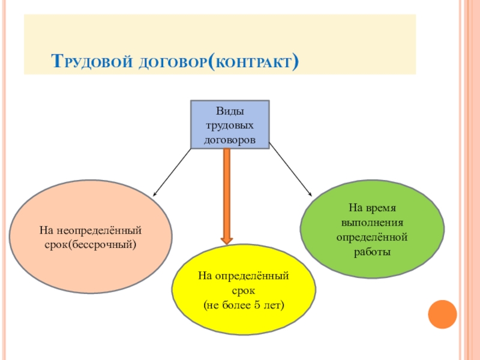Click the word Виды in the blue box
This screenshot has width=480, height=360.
230,112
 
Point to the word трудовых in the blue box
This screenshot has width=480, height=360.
230,125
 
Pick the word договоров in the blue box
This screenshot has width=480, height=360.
230,139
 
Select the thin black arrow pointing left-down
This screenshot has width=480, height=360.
172,172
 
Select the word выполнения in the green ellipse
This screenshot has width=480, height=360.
373,223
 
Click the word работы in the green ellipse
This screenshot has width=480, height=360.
373,252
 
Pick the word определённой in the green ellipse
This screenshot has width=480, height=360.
373,238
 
